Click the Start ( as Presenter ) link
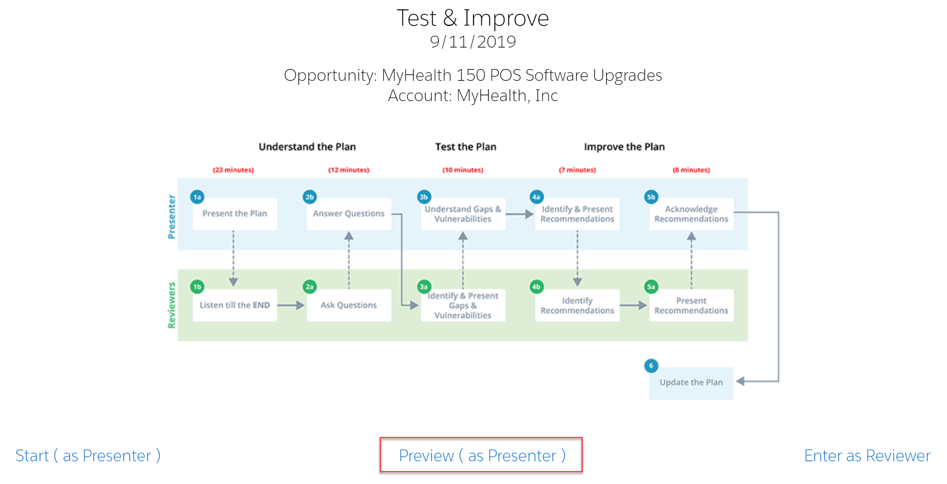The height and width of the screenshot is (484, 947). (x=88, y=456)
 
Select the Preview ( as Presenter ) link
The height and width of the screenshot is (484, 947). (x=482, y=456)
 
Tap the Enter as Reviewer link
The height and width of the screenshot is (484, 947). (x=867, y=456)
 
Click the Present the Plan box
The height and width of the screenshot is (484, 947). (x=235, y=214)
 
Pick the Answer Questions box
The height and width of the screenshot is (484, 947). (x=349, y=214)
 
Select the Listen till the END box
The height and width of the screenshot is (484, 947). (x=235, y=305)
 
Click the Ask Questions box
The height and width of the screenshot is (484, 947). (x=349, y=305)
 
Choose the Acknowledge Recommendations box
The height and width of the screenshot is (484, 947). (x=691, y=214)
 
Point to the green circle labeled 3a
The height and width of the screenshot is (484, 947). (x=424, y=287)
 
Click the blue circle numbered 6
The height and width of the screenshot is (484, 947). (x=651, y=365)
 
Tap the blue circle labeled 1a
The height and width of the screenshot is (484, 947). (x=197, y=197)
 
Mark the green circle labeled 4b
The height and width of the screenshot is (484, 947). (x=536, y=287)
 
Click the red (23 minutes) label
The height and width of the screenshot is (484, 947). (x=233, y=170)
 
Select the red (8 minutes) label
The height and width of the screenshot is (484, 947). (x=691, y=170)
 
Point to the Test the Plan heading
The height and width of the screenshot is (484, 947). (x=466, y=147)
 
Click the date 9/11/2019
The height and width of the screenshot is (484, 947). (x=473, y=42)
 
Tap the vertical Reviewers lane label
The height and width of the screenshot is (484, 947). (x=172, y=305)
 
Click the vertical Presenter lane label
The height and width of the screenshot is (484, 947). (x=172, y=216)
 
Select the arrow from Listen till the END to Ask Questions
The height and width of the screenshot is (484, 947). (x=291, y=305)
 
